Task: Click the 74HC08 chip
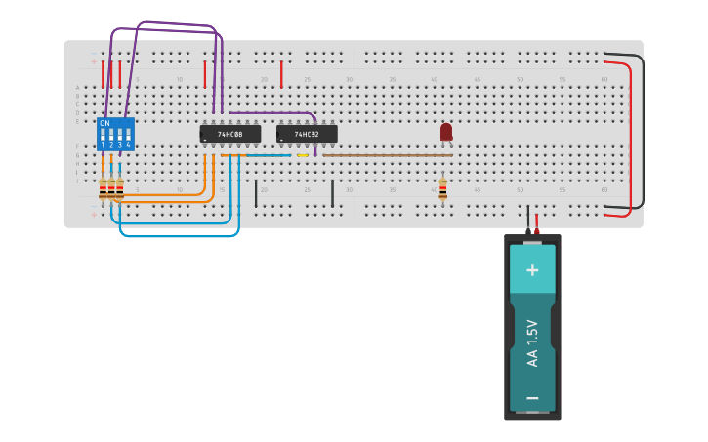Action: click(230, 134)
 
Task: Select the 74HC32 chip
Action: click(307, 134)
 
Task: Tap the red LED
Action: click(446, 131)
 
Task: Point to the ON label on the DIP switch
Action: click(104, 123)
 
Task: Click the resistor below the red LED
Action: click(442, 187)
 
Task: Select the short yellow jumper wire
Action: click(303, 154)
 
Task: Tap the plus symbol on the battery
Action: click(532, 269)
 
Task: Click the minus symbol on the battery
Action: click(532, 397)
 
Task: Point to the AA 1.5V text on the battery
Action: click(532, 342)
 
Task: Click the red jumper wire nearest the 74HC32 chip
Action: click(281, 73)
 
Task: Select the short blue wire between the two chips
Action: click(269, 154)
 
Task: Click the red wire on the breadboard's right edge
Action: click(629, 137)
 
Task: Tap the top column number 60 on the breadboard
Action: click(604, 79)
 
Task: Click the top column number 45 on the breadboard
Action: click(477, 79)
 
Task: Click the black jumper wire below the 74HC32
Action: click(332, 193)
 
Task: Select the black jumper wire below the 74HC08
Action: click(256, 193)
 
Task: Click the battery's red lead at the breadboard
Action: click(536, 223)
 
